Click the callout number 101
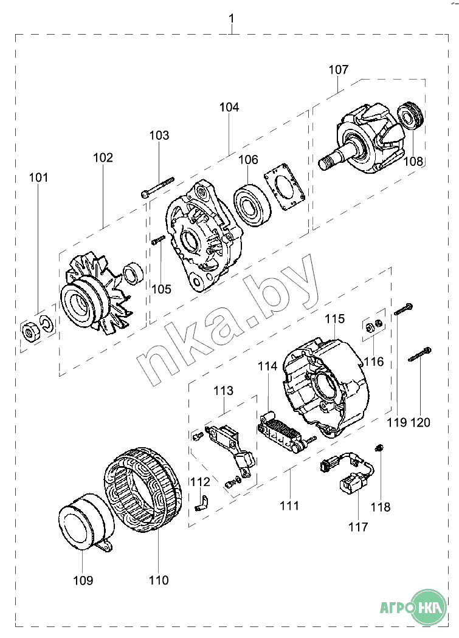(x=38, y=178)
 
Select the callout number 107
(x=339, y=69)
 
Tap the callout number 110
(x=159, y=580)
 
